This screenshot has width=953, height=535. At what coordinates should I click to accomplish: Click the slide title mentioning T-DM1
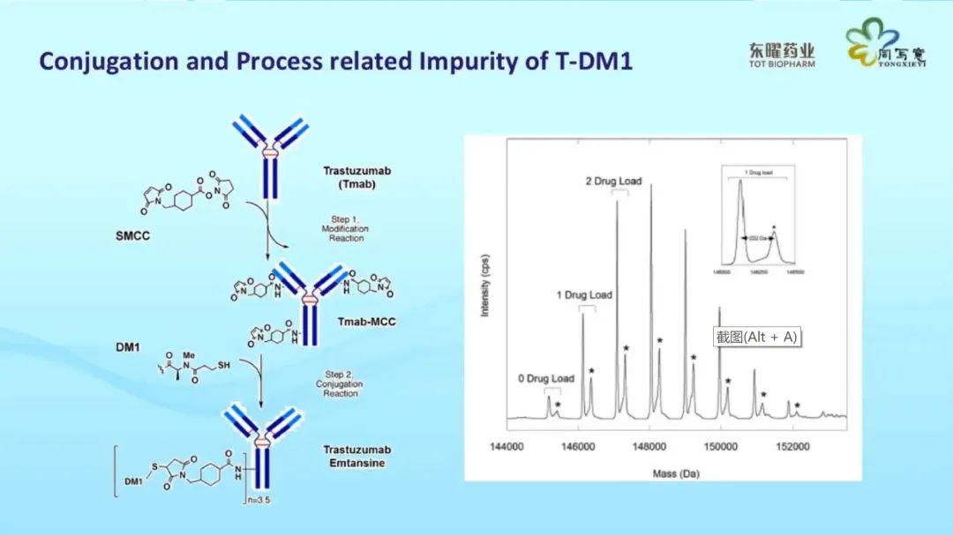tap(335, 62)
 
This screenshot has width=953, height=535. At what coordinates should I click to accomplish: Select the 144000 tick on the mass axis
tap(507, 447)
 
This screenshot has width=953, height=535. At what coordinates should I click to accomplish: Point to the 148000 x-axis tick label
tap(650, 447)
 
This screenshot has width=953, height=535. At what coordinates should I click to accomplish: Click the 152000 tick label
tap(792, 447)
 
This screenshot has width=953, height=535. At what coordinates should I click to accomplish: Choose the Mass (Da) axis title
tap(676, 473)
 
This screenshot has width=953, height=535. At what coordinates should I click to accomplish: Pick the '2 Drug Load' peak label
tap(613, 182)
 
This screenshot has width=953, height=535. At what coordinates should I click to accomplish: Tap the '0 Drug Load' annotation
tap(546, 379)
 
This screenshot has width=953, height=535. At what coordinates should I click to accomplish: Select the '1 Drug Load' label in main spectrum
tap(583, 294)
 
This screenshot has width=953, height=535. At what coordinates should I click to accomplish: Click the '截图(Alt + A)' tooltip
tap(757, 338)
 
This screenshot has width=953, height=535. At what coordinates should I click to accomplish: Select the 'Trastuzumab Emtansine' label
tap(354, 457)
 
